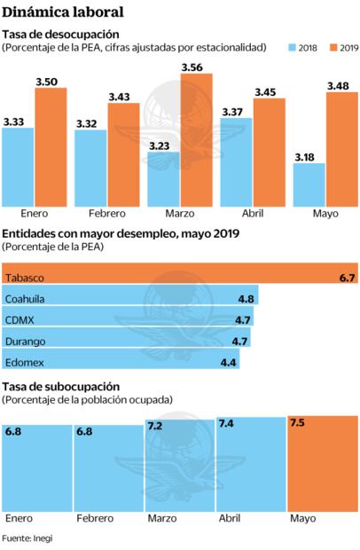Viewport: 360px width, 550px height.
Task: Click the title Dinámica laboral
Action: (x=62, y=12)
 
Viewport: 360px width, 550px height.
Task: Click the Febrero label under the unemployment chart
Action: (x=106, y=215)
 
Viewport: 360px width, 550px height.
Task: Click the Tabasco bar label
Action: (x=23, y=278)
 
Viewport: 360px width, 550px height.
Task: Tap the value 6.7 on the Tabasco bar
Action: (x=347, y=278)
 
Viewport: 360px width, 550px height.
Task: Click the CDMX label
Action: (x=20, y=319)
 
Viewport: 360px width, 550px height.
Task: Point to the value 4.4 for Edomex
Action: (x=228, y=362)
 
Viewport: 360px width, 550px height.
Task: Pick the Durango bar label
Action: (x=25, y=341)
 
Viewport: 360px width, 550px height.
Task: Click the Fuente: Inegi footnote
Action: (x=27, y=538)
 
